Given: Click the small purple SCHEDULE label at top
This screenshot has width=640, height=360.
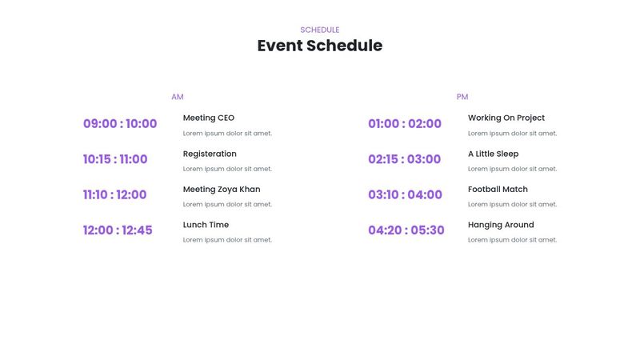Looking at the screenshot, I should tap(320, 30).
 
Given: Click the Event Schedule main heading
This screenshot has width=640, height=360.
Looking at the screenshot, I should tap(320, 46).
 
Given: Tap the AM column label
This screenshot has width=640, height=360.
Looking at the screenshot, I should tap(178, 97).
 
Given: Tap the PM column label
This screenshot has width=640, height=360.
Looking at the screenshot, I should tap(462, 97).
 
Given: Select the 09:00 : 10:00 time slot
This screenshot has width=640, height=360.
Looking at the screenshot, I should tap(120, 124).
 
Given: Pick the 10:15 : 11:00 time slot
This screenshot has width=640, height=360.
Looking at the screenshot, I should tap(115, 159).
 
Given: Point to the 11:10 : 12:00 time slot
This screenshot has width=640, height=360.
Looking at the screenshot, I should tap(115, 194).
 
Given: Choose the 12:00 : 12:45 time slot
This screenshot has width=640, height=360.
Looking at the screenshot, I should tap(118, 230).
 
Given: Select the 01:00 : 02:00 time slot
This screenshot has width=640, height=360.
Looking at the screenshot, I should tap(405, 124).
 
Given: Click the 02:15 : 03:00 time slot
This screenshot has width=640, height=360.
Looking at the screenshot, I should tap(404, 159).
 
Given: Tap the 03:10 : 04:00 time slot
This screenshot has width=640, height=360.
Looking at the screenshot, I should tap(405, 194).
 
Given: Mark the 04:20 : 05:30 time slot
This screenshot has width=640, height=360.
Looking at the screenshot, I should tap(406, 230).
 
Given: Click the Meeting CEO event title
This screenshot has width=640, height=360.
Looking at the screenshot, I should tap(209, 118).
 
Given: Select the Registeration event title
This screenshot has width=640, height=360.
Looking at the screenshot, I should tap(210, 154).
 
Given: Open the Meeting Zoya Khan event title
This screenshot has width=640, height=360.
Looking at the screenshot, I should tap(222, 190).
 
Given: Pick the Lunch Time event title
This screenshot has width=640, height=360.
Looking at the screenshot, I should tap(206, 225).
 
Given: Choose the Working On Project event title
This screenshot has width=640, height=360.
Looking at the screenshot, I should tap(506, 118).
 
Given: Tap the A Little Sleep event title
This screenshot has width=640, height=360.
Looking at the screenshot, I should tap(493, 154).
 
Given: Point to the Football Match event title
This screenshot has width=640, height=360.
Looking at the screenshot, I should tap(498, 190).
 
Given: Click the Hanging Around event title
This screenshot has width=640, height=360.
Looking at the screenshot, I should tap(501, 225).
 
